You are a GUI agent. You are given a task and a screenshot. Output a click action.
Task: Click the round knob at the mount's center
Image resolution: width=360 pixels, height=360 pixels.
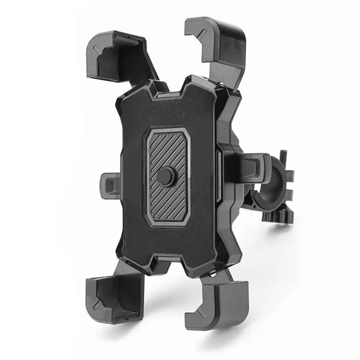coord(166,176)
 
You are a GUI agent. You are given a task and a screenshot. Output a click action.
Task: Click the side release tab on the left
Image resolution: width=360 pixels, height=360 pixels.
coord(108,184)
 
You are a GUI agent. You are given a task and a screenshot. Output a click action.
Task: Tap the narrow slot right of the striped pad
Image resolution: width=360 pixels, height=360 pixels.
coord(218,175)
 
